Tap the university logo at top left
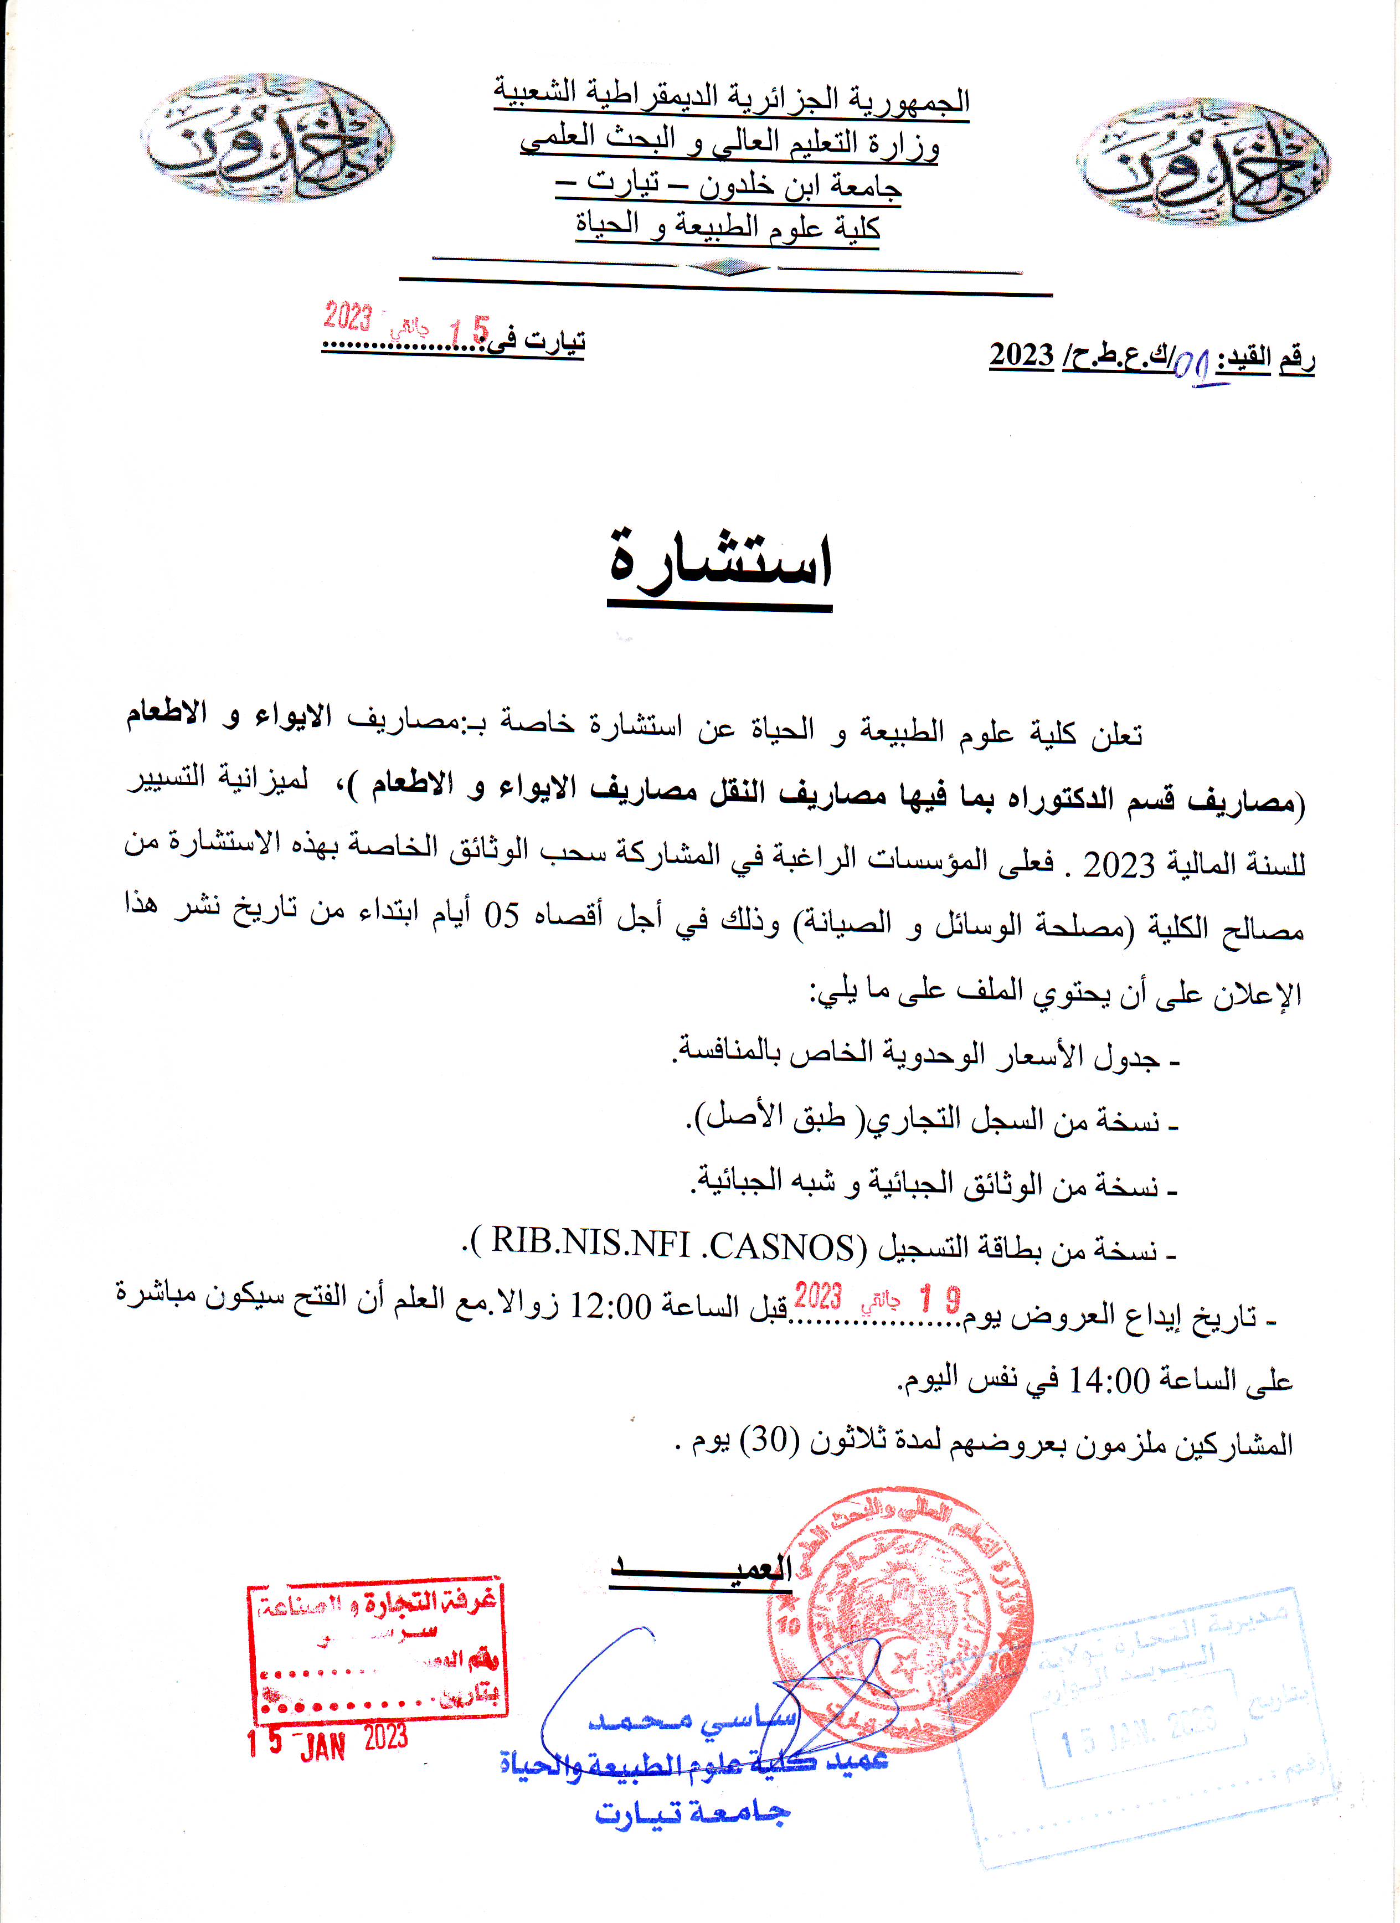click(266, 137)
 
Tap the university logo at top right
click(1203, 161)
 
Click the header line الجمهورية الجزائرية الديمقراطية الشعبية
click(731, 97)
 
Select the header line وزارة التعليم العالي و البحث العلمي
click(729, 142)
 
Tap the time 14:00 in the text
click(1106, 1381)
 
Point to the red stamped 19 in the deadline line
click(940, 1299)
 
